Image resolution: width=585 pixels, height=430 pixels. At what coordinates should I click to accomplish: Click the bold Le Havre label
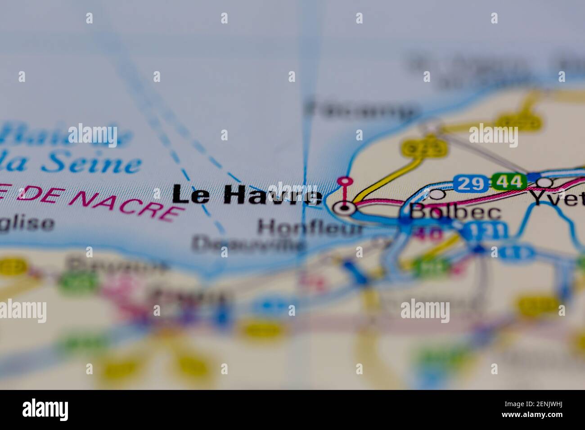click(x=247, y=196)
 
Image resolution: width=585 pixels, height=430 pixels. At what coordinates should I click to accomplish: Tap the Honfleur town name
click(x=310, y=228)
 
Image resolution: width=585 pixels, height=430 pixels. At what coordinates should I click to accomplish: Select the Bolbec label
click(x=455, y=211)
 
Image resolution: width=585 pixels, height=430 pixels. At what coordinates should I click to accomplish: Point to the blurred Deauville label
click(x=248, y=245)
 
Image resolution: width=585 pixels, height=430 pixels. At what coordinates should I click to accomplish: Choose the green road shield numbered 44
click(x=509, y=182)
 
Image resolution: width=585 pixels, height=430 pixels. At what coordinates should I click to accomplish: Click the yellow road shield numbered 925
click(x=423, y=148)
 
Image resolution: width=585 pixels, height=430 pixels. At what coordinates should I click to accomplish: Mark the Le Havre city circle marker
click(x=345, y=208)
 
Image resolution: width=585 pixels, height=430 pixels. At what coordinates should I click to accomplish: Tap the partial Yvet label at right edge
click(x=558, y=198)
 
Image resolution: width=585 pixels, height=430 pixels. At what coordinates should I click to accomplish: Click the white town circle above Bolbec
click(x=436, y=194)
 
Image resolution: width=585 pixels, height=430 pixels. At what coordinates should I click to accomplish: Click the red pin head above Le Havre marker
click(x=345, y=181)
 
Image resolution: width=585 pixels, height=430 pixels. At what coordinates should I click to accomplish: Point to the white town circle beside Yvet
click(x=545, y=183)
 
